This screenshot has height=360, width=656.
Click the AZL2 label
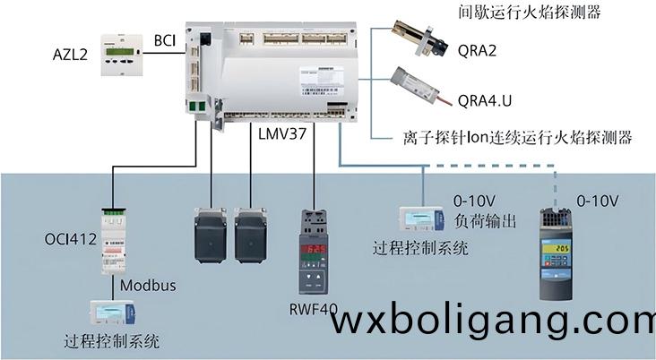70,55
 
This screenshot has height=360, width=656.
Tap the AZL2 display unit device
122,56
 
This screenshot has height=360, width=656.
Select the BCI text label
165,40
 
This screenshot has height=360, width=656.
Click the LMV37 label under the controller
282,133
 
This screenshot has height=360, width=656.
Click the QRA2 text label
477,50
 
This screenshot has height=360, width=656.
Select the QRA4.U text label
485,101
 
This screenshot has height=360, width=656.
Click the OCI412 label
70,239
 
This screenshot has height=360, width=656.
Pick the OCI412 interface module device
114,240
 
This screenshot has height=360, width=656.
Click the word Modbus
148,286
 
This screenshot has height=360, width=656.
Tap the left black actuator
211,236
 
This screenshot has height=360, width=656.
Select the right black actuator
250,236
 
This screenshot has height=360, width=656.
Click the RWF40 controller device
314,252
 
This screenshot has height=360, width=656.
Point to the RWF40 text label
313,310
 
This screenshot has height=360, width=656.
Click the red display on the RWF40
314,249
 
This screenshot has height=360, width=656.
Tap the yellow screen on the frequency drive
556,249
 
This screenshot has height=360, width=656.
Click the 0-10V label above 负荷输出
474,201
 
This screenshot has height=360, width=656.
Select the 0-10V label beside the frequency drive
598,201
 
